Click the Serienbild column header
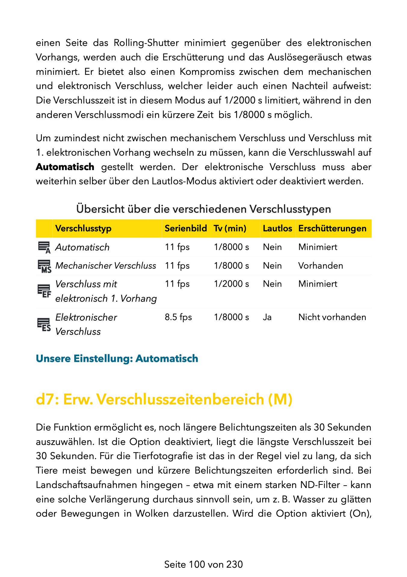(x=186, y=228)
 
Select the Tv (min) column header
(x=230, y=228)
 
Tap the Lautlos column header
(x=277, y=228)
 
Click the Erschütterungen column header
(x=332, y=228)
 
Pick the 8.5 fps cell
(x=178, y=317)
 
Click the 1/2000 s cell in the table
(x=231, y=284)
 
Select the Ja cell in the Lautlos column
(x=267, y=317)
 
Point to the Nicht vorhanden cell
(x=332, y=317)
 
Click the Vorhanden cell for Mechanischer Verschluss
(x=320, y=266)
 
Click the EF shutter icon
(x=44, y=291)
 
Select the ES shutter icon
(x=44, y=325)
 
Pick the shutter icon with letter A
(x=44, y=247)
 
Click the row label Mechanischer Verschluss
(x=106, y=266)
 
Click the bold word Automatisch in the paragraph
(x=65, y=167)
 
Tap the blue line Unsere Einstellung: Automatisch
(x=117, y=359)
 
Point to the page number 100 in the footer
(x=197, y=564)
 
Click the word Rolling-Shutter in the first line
(x=146, y=43)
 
